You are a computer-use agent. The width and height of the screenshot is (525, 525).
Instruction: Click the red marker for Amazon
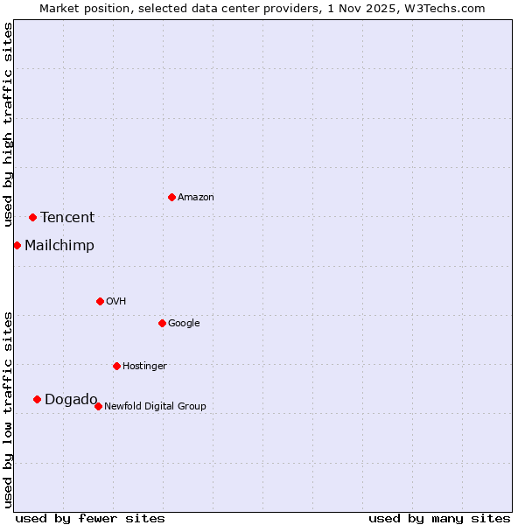pos(171,197)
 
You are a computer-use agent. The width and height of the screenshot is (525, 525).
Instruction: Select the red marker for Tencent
pos(32,217)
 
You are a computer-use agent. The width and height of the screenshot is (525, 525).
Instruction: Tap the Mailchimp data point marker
pos(17,245)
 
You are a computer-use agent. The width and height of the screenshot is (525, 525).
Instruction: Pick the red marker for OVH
pos(100,301)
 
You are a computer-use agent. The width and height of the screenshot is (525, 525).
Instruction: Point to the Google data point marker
pos(162,323)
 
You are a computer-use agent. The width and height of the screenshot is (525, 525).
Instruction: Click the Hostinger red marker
pos(116,366)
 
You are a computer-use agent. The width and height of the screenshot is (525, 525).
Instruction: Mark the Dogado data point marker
pos(37,399)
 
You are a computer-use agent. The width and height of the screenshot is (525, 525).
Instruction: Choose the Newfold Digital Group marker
pos(98,406)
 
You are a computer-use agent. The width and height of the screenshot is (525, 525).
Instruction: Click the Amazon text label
pos(196,198)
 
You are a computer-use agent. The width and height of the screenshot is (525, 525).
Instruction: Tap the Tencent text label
pos(67,218)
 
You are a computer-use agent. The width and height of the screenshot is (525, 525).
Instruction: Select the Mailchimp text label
pos(59,246)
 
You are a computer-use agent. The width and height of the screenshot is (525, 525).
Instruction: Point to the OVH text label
pos(116,302)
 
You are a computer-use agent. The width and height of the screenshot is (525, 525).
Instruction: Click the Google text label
pos(184,324)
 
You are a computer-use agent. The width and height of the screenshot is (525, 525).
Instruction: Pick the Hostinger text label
pos(144,367)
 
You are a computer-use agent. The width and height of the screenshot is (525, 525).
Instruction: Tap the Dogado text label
pos(71,400)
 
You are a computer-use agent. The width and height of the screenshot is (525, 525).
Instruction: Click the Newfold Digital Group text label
pos(155,407)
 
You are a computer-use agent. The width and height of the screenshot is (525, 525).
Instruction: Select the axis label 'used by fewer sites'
pos(90,519)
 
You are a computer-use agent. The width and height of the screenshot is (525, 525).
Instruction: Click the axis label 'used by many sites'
pos(439,519)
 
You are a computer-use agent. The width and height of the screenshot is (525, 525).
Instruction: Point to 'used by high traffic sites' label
pos(8,124)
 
